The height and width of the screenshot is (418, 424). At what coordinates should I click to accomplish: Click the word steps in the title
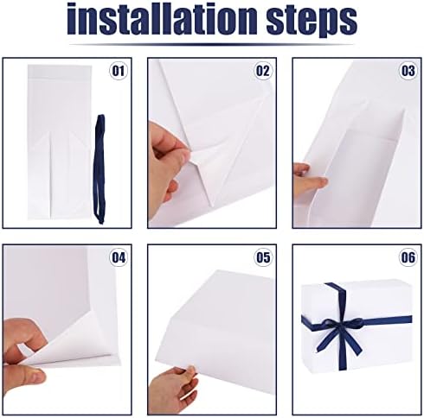[312, 21]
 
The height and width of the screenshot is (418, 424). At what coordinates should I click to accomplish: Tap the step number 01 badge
[119, 71]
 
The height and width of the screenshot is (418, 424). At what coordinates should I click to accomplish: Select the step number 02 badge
[263, 71]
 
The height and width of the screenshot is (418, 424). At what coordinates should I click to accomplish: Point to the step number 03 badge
[408, 71]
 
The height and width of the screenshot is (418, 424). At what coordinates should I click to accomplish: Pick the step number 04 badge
[119, 257]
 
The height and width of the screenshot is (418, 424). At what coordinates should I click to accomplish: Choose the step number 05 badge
[263, 257]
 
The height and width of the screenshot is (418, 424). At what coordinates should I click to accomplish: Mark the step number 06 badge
[408, 257]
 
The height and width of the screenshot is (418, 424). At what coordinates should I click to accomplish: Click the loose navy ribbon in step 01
[100, 169]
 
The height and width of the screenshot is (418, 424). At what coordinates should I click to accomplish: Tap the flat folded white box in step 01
[60, 142]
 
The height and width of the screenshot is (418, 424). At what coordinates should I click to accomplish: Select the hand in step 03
[310, 179]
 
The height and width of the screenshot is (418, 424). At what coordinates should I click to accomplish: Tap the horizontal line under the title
[211, 45]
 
